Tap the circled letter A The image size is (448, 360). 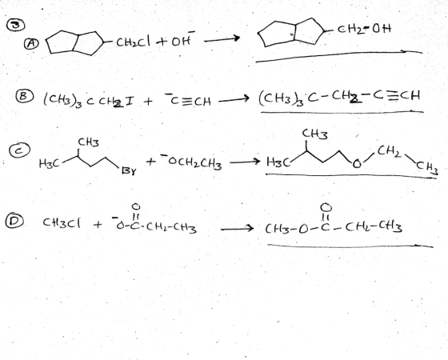[x=32, y=44]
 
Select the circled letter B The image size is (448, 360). [x=24, y=96]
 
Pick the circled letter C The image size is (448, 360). [x=19, y=151]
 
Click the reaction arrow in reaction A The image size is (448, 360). [x=222, y=39]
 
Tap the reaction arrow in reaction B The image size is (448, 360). [x=234, y=100]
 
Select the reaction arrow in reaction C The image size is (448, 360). [x=245, y=162]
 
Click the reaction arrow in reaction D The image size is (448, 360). [x=237, y=229]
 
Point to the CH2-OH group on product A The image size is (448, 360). [x=364, y=29]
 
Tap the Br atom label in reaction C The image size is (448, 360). [x=129, y=171]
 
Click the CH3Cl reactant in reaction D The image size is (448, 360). [x=62, y=222]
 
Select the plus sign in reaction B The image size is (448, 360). [x=148, y=101]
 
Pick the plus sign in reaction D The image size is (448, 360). [x=97, y=225]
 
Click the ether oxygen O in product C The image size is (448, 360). [x=357, y=164]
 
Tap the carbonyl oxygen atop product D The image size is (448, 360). [x=326, y=206]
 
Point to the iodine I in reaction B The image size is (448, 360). [x=129, y=101]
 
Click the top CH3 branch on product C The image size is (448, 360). [x=315, y=134]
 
